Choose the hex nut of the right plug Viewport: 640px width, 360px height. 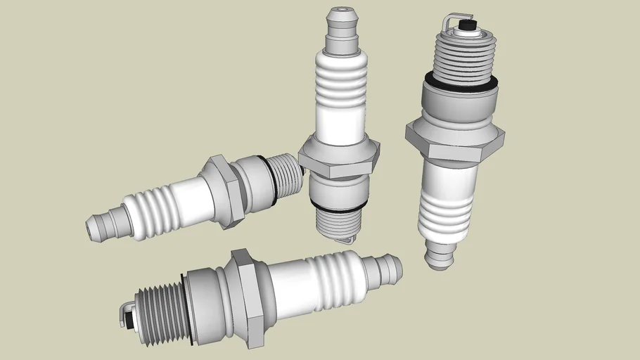pyautogui.click(x=455, y=141)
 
